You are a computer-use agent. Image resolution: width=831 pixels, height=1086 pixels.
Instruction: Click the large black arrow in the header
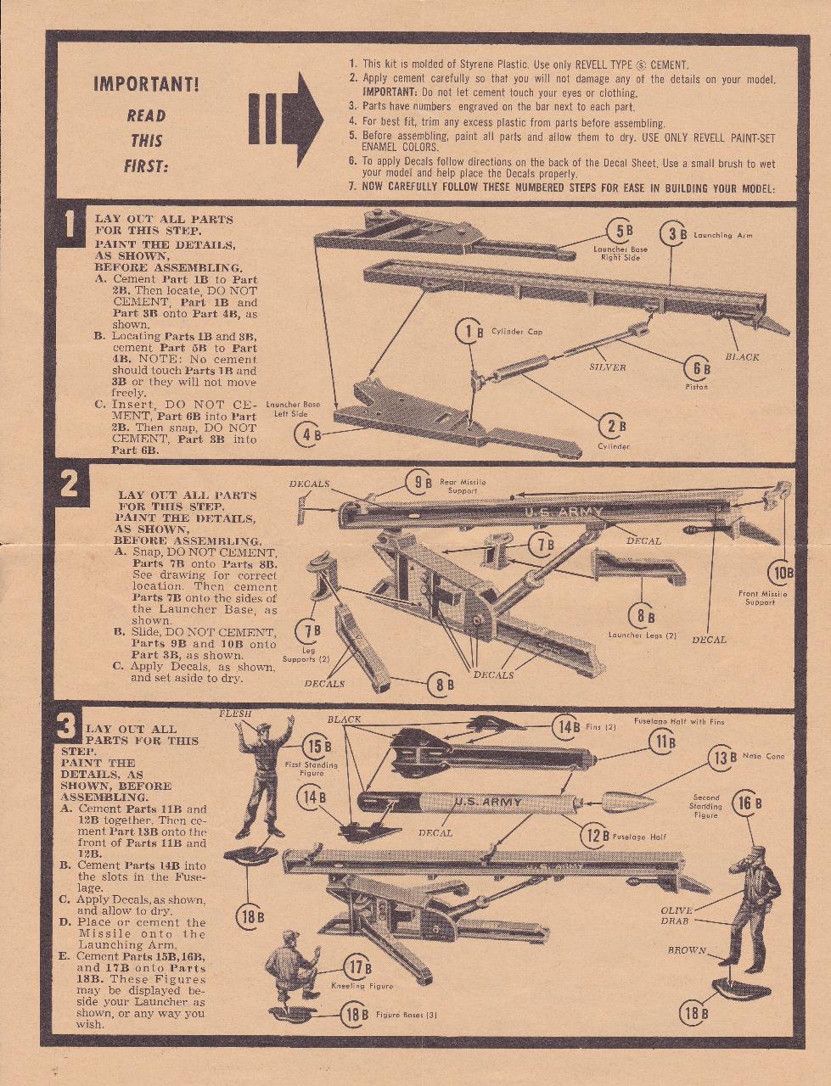click(x=286, y=119)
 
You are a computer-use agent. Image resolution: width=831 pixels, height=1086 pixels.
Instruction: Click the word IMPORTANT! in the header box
click(x=146, y=84)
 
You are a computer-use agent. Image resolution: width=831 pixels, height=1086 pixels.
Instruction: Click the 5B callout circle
click(x=620, y=231)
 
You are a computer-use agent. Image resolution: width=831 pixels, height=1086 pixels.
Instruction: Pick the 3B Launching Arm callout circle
click(x=673, y=235)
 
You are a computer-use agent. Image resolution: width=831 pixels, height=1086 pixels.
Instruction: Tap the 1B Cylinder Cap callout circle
click(x=469, y=332)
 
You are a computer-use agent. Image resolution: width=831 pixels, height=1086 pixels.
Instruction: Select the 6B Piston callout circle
click(x=697, y=368)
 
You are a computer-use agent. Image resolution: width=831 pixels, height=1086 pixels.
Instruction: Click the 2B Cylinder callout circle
click(x=612, y=425)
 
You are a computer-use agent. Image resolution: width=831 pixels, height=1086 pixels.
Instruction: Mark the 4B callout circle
click(x=307, y=436)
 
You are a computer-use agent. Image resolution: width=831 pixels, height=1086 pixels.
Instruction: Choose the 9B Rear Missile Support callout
click(x=418, y=484)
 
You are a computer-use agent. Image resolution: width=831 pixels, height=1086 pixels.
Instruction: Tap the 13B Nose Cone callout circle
click(x=722, y=758)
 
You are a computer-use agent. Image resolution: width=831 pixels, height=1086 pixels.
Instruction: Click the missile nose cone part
click(x=628, y=801)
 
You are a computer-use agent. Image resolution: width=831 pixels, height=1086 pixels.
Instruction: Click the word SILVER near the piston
click(x=607, y=367)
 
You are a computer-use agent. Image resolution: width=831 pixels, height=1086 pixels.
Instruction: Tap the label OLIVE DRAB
click(x=677, y=915)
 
